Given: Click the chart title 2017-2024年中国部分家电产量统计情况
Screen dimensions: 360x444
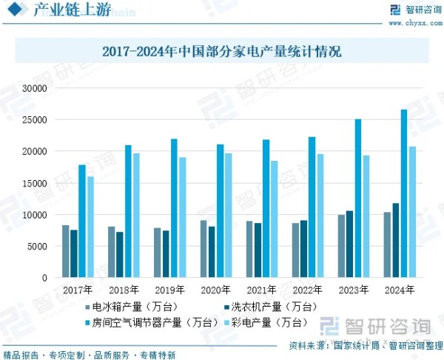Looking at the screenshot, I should pos(222,53).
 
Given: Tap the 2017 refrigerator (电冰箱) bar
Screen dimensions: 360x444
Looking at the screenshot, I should pos(65,252).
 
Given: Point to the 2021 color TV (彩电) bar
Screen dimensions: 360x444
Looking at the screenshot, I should pos(275,219).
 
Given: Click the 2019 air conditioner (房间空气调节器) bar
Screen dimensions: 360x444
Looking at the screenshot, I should pos(174,208).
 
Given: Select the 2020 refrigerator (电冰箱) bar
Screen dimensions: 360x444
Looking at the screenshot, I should pos(203,249).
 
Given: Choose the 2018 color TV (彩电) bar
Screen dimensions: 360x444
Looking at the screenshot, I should pos(135,216).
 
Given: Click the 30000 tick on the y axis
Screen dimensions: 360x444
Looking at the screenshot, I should pos(35,88).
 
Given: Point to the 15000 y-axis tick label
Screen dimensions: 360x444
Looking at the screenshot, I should pos(35,183).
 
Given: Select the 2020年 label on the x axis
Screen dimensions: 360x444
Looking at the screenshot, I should pos(216,290).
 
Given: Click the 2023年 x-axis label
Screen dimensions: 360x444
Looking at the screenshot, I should pos(354,290).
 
